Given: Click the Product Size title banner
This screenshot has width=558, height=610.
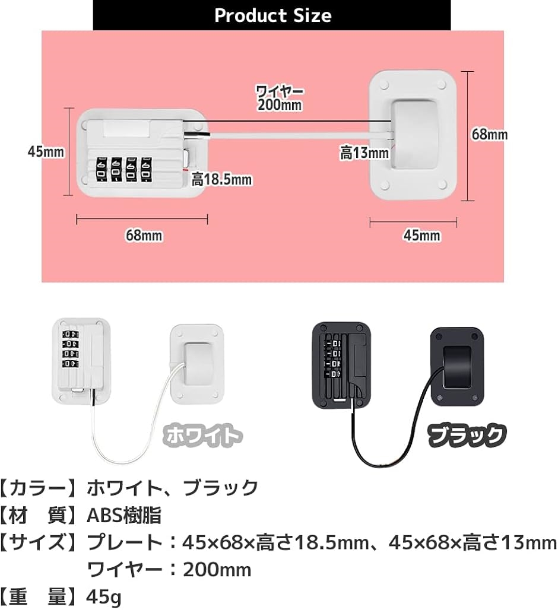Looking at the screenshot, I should click(x=272, y=15).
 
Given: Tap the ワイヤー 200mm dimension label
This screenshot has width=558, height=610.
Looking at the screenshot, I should click(x=280, y=98).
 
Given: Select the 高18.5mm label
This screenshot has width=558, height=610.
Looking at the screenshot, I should click(x=221, y=179).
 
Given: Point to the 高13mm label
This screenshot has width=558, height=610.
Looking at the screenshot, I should click(x=364, y=153).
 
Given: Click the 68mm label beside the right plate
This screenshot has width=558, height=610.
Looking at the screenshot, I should click(x=489, y=135).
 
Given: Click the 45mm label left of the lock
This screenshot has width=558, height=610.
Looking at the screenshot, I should click(x=46, y=151).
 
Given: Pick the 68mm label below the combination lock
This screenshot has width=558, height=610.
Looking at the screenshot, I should click(x=143, y=236).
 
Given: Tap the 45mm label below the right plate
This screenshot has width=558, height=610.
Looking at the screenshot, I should click(x=421, y=236).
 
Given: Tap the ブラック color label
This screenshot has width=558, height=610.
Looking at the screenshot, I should click(x=468, y=436).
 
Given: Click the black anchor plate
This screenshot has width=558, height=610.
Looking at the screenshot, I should click(x=455, y=366).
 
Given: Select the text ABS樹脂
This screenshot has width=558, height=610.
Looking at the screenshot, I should click(x=124, y=515).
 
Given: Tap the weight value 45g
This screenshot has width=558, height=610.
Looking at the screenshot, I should click(x=104, y=596).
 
